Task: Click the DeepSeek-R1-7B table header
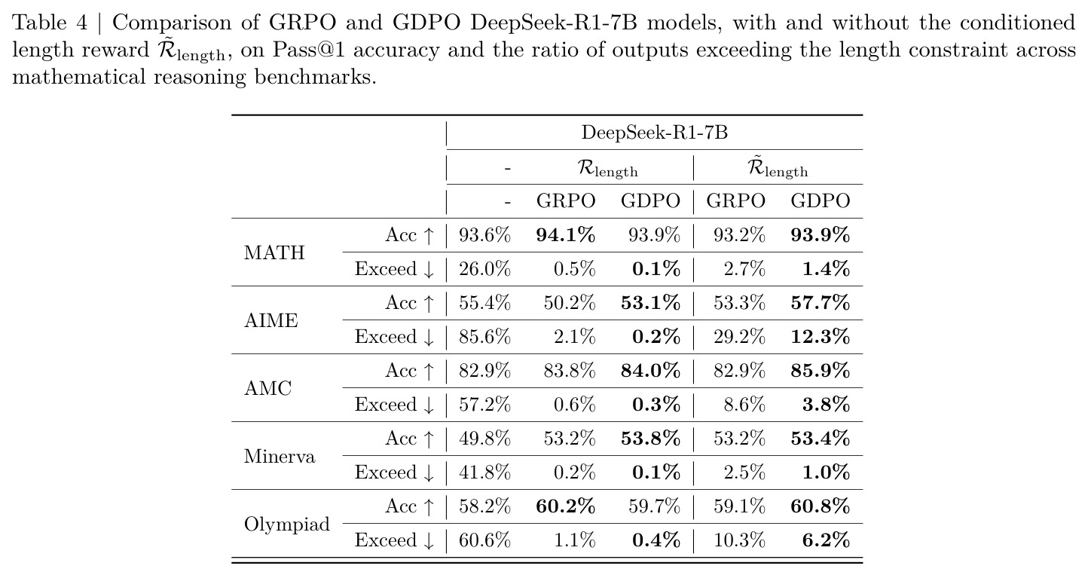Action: point(654,133)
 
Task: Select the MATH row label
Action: point(274,252)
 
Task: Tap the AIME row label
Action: point(271,320)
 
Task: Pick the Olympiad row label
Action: point(287,525)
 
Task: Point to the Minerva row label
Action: point(280,457)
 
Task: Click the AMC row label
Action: point(268,389)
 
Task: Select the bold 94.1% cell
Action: point(566,235)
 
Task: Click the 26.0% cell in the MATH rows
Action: point(484,269)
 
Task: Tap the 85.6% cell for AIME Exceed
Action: point(484,337)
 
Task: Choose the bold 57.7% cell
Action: point(821,303)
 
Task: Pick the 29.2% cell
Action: point(739,337)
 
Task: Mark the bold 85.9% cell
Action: point(821,371)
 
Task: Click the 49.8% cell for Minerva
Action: point(484,439)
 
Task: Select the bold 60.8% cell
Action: point(821,506)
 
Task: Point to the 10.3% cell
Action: point(739,540)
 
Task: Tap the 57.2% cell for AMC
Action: point(484,405)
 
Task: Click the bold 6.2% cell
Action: point(827,540)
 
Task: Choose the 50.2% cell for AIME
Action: point(570,303)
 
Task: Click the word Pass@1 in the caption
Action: point(308,50)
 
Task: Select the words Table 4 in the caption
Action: point(50,23)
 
